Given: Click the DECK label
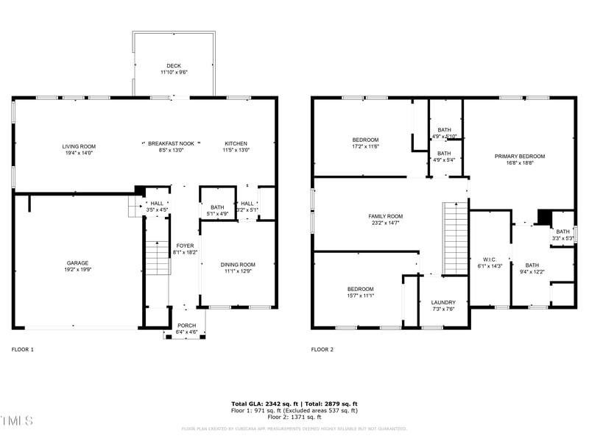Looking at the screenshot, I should pyautogui.click(x=174, y=66).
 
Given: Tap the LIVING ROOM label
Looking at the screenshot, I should pyautogui.click(x=79, y=146).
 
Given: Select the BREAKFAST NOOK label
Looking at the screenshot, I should pyautogui.click(x=171, y=143).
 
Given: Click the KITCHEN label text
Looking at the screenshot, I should pyautogui.click(x=236, y=143).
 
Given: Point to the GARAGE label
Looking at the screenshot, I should pyautogui.click(x=78, y=262).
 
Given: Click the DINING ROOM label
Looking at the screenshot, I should pyautogui.click(x=238, y=265).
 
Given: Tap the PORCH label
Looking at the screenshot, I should pyautogui.click(x=187, y=326).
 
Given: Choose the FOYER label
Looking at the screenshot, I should pyautogui.click(x=185, y=245).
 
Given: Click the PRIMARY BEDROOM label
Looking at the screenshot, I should pyautogui.click(x=520, y=157).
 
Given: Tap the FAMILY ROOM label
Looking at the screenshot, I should pyautogui.click(x=386, y=216).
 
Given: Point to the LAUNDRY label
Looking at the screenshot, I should pyautogui.click(x=443, y=302).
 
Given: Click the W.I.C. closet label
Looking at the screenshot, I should pyautogui.click(x=490, y=259).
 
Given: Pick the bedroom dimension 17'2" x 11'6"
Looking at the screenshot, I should pyautogui.click(x=365, y=146).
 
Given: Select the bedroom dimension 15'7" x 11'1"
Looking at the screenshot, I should pyautogui.click(x=360, y=295).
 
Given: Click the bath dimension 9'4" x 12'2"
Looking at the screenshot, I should pyautogui.click(x=532, y=272).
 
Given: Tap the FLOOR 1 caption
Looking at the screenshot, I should pyautogui.click(x=22, y=349).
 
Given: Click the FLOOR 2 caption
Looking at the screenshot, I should pyautogui.click(x=322, y=349).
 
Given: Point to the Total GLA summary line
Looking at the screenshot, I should pyautogui.click(x=294, y=404).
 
